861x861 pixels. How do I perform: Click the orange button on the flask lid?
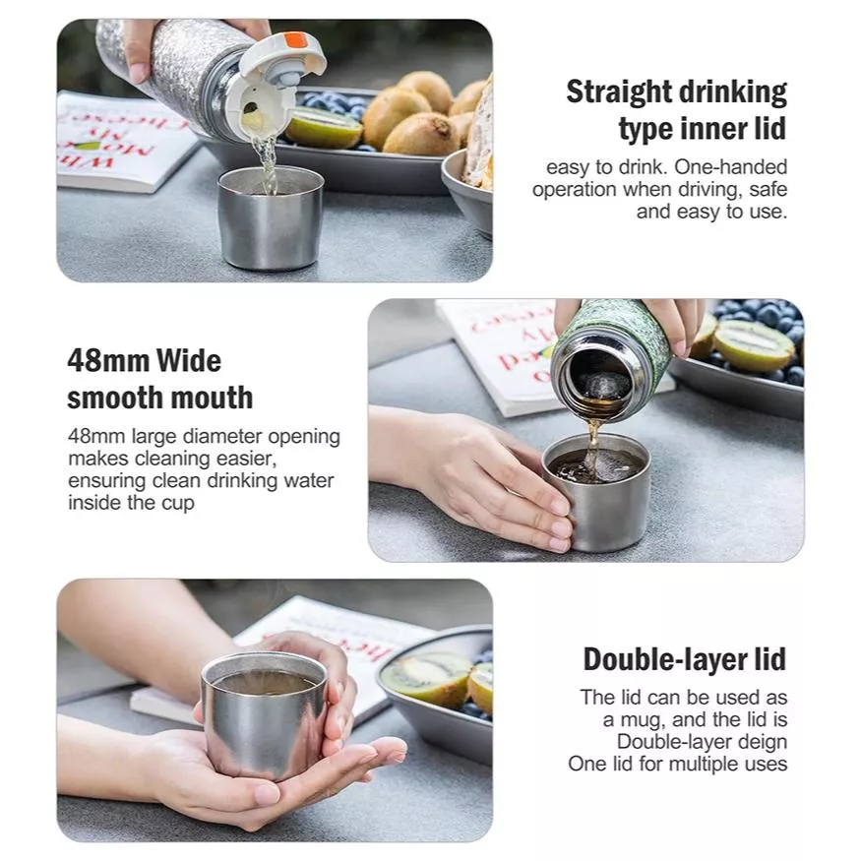(x=297, y=40)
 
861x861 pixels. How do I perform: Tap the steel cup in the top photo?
(x=270, y=217)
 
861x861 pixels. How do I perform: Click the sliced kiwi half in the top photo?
(x=324, y=127)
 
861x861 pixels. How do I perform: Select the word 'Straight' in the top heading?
(x=616, y=92)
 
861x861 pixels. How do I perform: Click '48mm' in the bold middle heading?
(x=108, y=361)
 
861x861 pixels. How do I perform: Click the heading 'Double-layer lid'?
(x=685, y=659)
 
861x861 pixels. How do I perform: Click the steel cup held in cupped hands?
(x=264, y=714)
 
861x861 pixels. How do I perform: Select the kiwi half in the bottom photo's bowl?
(x=427, y=679)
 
